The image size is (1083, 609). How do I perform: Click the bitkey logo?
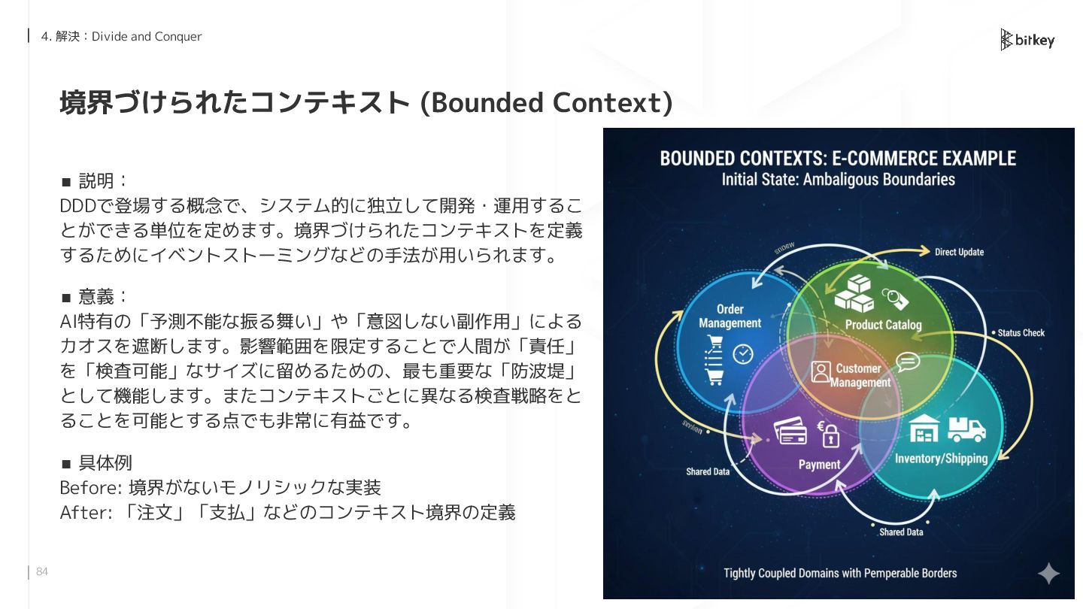[x=1027, y=40]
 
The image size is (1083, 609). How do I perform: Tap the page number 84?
[x=42, y=572]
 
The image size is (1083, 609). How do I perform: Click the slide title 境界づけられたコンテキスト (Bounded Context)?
[x=366, y=102]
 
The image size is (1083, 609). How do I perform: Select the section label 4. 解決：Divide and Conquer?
[x=121, y=36]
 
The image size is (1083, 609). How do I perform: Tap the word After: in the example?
[x=85, y=513]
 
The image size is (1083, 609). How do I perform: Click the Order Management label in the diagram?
[x=730, y=316]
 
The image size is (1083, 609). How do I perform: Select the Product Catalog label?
[x=883, y=325]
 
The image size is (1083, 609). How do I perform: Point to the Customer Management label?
[x=860, y=375]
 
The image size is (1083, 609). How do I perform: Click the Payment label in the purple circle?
[x=819, y=464]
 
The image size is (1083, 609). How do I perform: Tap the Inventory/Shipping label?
[x=941, y=458]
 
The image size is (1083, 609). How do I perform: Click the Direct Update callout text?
[x=959, y=252]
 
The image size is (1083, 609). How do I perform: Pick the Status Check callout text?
[x=1021, y=332]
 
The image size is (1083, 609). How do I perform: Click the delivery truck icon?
[x=966, y=429]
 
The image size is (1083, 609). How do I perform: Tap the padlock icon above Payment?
[x=830, y=435]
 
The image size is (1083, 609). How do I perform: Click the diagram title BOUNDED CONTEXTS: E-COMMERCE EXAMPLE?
[x=838, y=159]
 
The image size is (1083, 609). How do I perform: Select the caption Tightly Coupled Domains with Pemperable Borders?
[x=840, y=573]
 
